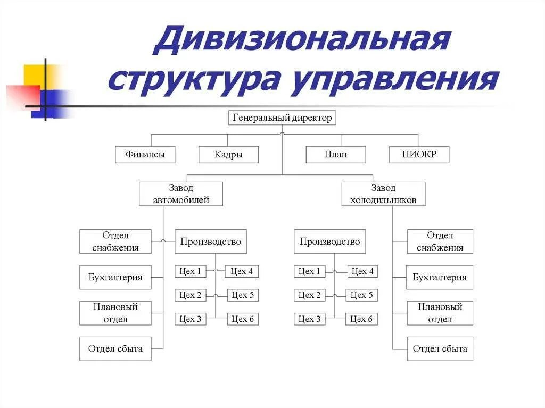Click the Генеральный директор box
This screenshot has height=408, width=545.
point(282,118)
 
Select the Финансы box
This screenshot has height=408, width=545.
point(145,155)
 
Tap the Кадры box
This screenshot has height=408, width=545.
point(228,155)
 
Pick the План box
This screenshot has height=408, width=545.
point(335,155)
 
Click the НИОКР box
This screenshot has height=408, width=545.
point(419,155)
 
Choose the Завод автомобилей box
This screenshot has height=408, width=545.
point(181,194)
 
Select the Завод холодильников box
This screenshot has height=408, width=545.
point(383,194)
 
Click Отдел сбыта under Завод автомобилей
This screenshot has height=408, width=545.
point(115,349)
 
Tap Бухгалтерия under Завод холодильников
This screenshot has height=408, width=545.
point(440,277)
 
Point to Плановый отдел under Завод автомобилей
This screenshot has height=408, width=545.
point(115,313)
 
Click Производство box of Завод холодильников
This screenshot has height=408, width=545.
point(330,242)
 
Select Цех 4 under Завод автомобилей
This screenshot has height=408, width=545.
point(242,271)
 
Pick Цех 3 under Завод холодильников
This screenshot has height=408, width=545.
point(310,319)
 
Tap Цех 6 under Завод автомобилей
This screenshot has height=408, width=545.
point(243,319)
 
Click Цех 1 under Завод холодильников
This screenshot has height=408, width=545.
point(310,271)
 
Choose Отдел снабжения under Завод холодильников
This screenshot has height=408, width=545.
point(440,242)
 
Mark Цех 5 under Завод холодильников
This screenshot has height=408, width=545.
point(362,295)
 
